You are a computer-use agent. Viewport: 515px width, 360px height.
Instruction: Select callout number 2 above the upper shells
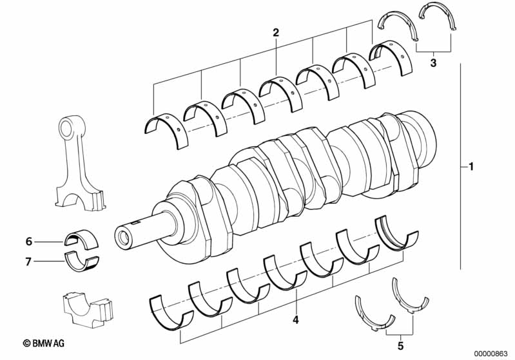276,32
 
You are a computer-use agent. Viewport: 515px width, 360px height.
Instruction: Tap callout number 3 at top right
433,62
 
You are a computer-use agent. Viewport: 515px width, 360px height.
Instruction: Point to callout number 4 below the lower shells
295,319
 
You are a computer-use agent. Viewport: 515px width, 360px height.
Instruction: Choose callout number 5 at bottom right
400,346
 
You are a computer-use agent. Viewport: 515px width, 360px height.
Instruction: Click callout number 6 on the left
28,242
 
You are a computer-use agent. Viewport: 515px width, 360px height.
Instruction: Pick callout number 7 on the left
28,261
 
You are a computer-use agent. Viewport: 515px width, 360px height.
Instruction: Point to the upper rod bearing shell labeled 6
81,239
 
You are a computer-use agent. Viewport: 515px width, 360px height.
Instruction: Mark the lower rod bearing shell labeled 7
81,261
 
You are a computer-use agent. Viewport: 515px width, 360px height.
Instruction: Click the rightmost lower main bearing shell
397,232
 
